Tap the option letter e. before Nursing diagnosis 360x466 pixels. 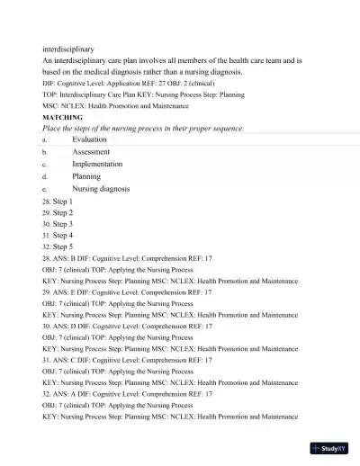click(45, 190)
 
